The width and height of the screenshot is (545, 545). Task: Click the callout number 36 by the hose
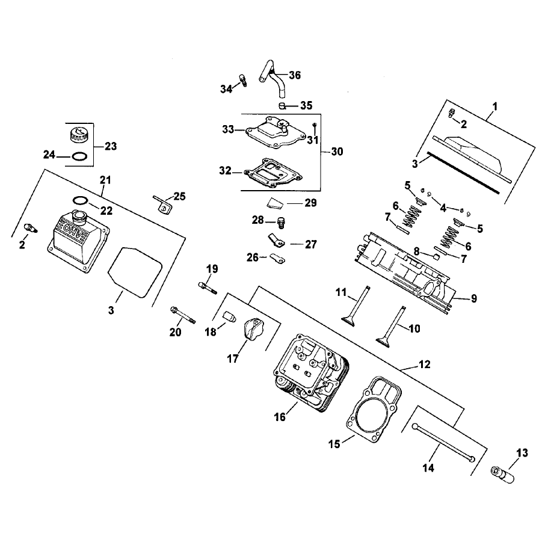pyautogui.click(x=295, y=75)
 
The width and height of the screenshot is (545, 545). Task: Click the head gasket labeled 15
pyautogui.click(x=374, y=410)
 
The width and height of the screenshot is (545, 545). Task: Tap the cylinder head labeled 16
pyautogui.click(x=311, y=374)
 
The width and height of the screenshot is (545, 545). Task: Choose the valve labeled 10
pyautogui.click(x=390, y=325)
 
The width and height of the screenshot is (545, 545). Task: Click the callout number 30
pyautogui.click(x=337, y=152)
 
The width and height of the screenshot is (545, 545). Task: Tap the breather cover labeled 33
pyautogui.click(x=276, y=133)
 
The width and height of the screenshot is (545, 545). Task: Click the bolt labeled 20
pyautogui.click(x=183, y=315)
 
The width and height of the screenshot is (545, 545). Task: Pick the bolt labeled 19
pyautogui.click(x=208, y=288)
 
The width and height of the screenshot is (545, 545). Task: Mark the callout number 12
pyautogui.click(x=425, y=365)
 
